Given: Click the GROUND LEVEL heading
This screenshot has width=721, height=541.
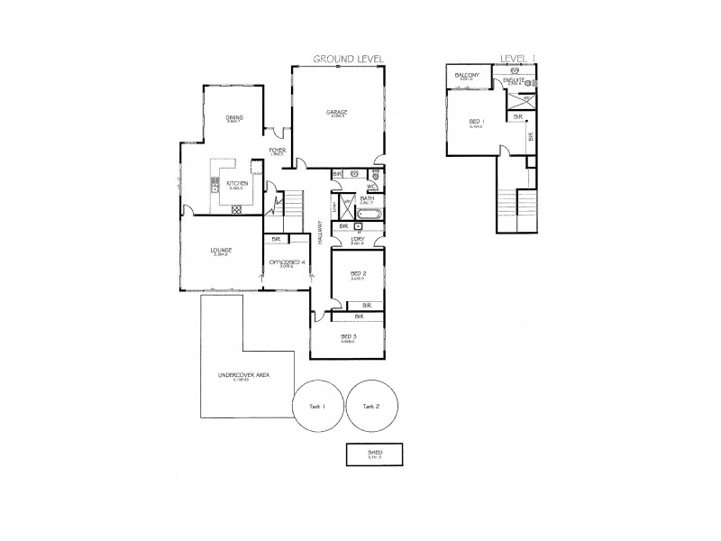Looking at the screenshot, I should pos(348,59).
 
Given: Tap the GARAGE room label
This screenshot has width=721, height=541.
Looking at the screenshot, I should pos(337,112).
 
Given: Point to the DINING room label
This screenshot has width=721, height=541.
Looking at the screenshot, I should pos(234,117).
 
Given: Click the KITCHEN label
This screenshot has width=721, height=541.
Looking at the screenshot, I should pos(237,184).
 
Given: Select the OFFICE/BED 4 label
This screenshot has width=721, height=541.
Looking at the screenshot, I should pos(287,262).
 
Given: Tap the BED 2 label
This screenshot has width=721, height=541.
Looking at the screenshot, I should pos(358,273).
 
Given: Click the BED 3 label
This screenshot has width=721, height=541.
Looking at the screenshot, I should pos(348,337).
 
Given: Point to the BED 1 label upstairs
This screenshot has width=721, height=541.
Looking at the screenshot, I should pos(476,121).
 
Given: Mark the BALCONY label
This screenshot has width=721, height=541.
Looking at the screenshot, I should pos(466,74).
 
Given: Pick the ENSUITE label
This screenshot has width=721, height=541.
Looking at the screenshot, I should pos(514,81).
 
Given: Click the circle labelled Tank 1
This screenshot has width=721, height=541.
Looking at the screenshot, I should pos(316,407).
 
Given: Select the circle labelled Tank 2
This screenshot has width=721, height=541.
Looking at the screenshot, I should pos(370,407).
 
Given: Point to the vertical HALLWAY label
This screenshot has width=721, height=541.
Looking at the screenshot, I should pos(320,236).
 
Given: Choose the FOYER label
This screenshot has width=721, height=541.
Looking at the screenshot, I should pos(278,151).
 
